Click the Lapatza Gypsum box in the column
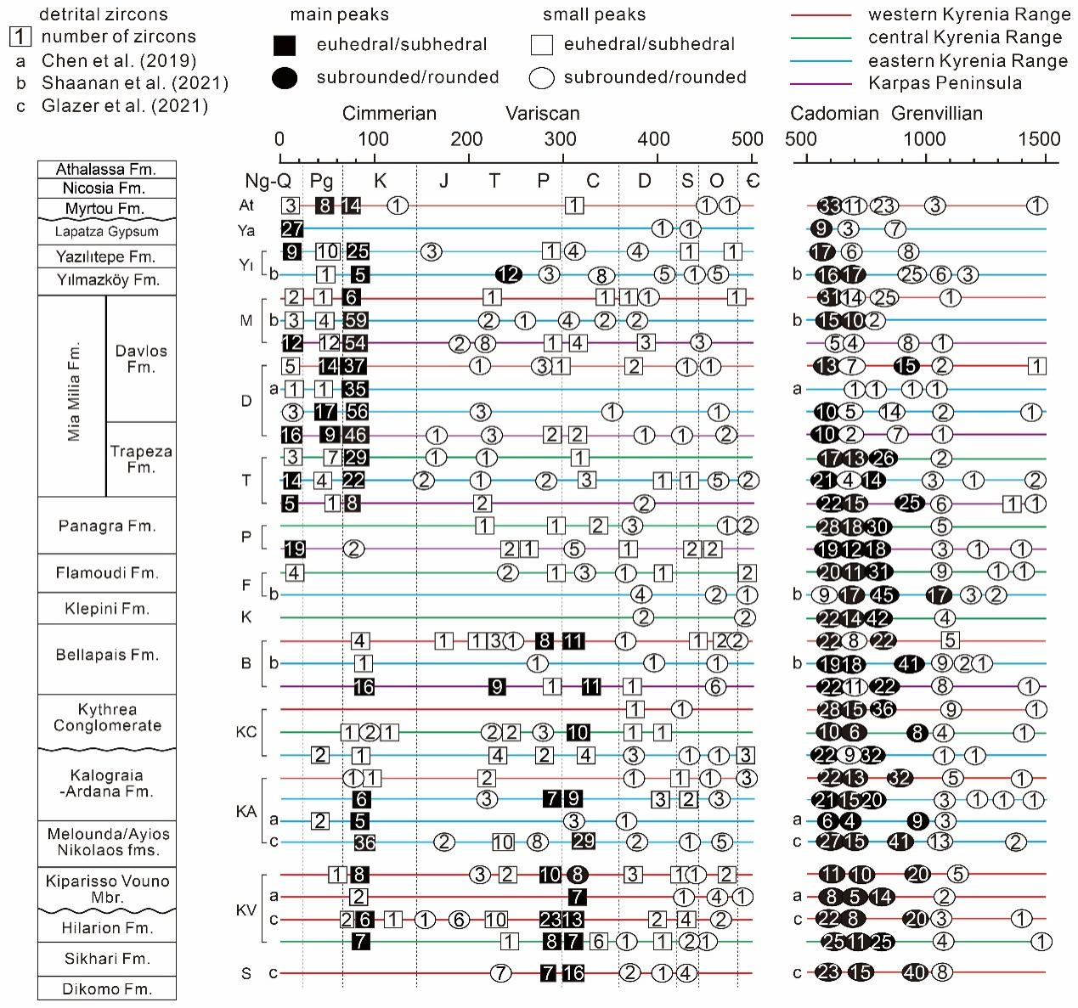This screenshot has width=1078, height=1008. click(107, 231)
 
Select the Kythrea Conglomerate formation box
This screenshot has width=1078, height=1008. click(107, 718)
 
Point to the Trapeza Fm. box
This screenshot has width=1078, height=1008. click(141, 459)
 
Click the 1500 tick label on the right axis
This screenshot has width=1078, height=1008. click(1039, 139)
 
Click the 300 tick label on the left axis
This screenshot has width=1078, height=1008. click(561, 139)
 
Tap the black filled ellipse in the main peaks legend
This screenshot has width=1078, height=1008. click(285, 78)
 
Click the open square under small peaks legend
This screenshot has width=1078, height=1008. click(541, 45)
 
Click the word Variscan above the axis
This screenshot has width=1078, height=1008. click(543, 114)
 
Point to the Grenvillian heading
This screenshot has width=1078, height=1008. click(936, 114)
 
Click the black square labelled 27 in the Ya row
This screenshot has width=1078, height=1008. click(292, 228)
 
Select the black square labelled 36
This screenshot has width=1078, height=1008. click(364, 842)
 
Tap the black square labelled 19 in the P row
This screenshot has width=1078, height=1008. click(295, 549)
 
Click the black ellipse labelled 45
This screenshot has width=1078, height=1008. click(883, 594)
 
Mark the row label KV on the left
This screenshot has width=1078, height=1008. click(246, 910)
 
